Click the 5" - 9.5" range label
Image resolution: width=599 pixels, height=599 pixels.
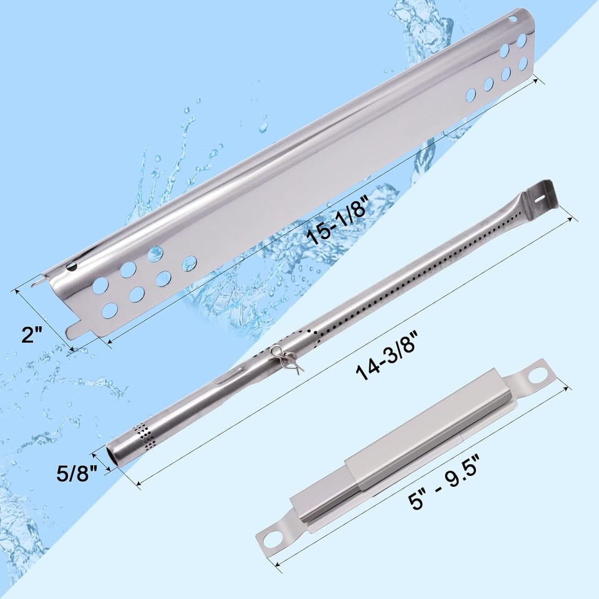point(444,479)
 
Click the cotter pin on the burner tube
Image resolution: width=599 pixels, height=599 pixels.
point(286,359)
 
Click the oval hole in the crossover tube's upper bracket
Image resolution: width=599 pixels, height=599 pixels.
point(538,377)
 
